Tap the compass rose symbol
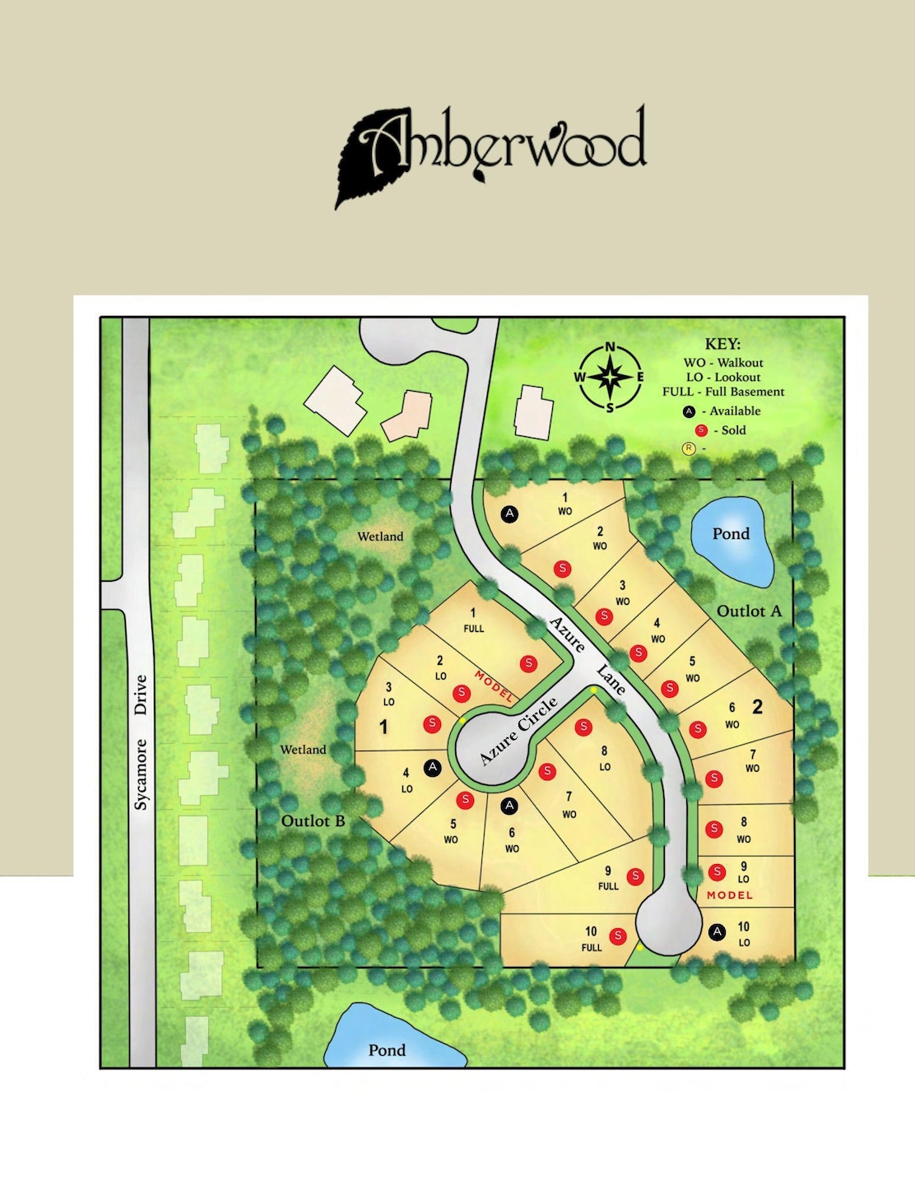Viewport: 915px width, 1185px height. click(610, 377)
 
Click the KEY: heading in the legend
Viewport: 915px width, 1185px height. click(722, 344)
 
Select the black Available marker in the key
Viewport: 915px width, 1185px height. click(689, 411)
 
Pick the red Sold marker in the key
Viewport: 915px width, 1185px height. click(701, 430)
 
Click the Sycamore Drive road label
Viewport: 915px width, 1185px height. click(141, 741)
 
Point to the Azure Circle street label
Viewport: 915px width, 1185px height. click(518, 730)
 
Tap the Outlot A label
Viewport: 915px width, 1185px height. click(749, 611)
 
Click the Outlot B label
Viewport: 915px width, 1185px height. click(313, 821)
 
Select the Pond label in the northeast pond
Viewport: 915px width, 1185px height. click(731, 534)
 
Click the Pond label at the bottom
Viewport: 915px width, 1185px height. click(387, 1050)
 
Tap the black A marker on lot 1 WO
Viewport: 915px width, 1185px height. click(510, 513)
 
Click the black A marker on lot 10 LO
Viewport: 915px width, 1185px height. click(718, 932)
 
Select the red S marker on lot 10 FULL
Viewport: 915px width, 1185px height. click(618, 936)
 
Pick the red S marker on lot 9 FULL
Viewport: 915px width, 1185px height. click(635, 876)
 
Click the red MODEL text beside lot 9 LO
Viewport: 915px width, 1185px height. click(730, 895)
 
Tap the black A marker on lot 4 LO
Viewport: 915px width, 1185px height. click(433, 768)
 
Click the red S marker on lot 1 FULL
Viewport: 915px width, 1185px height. click(529, 663)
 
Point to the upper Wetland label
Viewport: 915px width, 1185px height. click(380, 537)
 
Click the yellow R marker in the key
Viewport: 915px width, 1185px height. click(689, 448)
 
